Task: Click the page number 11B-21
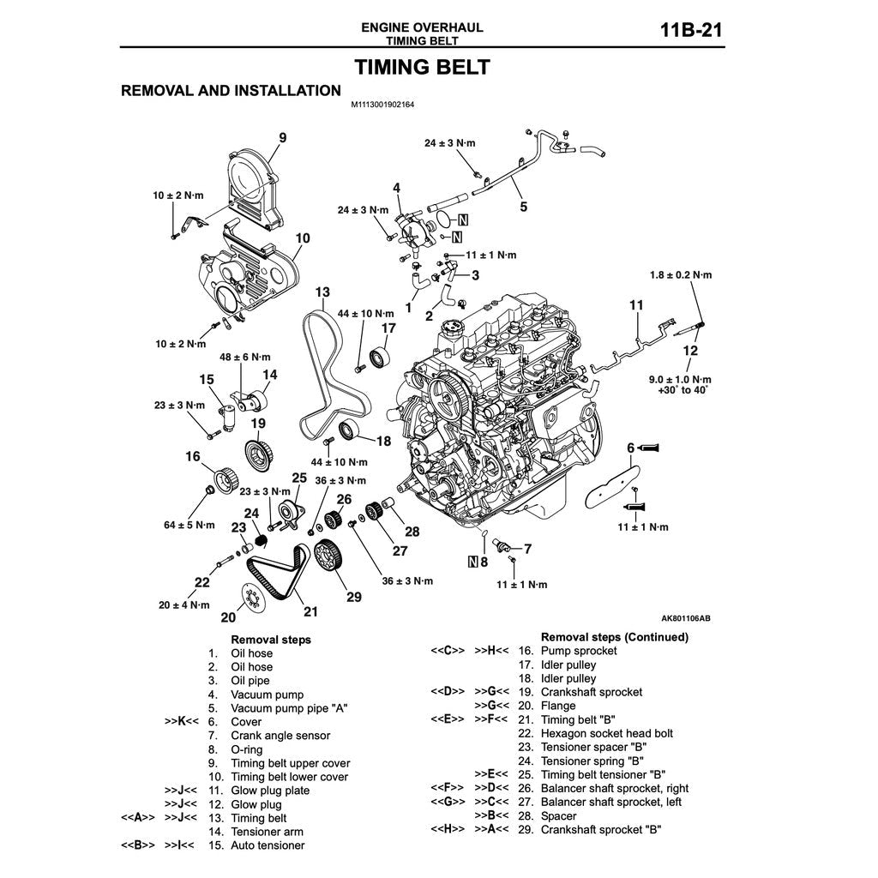[x=691, y=31]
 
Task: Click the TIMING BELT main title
[x=423, y=67]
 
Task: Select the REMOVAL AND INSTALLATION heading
[x=231, y=90]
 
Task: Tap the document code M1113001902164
[x=382, y=105]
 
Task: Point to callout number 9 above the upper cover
[x=282, y=136]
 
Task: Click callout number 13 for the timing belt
[x=322, y=292]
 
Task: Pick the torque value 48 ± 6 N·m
[x=246, y=357]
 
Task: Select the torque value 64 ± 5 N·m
[x=189, y=524]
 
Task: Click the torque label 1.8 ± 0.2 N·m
[x=682, y=275]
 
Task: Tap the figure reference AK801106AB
[x=686, y=617]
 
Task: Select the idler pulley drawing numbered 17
[x=379, y=357]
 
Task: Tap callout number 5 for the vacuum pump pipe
[x=523, y=206]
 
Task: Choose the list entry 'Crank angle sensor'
[x=280, y=736]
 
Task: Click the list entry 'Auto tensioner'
[x=268, y=845]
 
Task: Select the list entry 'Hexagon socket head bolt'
[x=606, y=733]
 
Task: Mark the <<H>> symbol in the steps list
[x=447, y=829]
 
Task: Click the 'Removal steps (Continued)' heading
[x=614, y=637]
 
